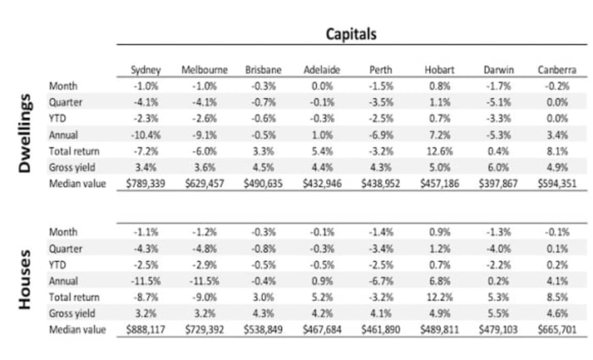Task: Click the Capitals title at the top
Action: (x=351, y=34)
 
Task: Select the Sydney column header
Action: (x=146, y=70)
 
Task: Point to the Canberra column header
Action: (x=556, y=70)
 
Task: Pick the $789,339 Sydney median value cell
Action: (x=146, y=184)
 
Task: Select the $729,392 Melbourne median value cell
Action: (x=204, y=330)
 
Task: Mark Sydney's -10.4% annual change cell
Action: (x=146, y=135)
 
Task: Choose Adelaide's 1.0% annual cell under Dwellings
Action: (x=322, y=135)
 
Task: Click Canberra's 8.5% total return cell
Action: (x=556, y=297)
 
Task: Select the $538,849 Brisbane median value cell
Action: (x=263, y=330)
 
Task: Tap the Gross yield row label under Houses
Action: (x=72, y=313)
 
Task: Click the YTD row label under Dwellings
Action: (x=58, y=119)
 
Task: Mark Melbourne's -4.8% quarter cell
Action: (x=204, y=249)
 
